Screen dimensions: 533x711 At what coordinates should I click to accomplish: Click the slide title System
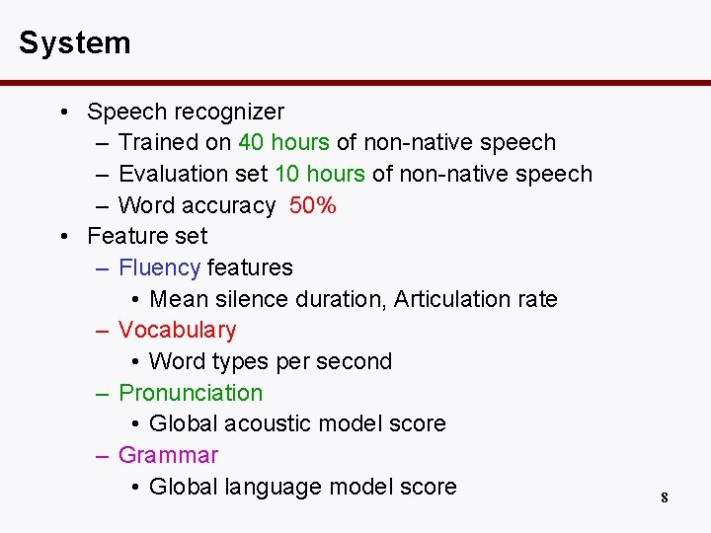point(74,43)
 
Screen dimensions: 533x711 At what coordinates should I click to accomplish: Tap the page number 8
point(665,497)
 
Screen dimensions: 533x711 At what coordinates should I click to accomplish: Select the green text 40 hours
point(283,142)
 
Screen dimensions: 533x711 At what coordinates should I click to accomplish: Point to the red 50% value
point(313,205)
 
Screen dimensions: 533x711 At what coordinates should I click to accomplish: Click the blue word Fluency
point(159,267)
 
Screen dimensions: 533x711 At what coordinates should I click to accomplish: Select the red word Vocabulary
point(177,330)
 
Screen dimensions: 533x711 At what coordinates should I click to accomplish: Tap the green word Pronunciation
point(191,393)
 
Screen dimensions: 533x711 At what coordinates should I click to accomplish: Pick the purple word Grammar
point(168,455)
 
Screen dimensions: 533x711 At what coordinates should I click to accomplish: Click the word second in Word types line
point(355,361)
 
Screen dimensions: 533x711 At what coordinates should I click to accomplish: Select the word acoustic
point(272,423)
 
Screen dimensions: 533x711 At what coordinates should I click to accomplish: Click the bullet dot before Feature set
point(63,236)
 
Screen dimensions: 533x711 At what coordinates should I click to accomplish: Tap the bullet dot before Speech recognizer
point(63,112)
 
